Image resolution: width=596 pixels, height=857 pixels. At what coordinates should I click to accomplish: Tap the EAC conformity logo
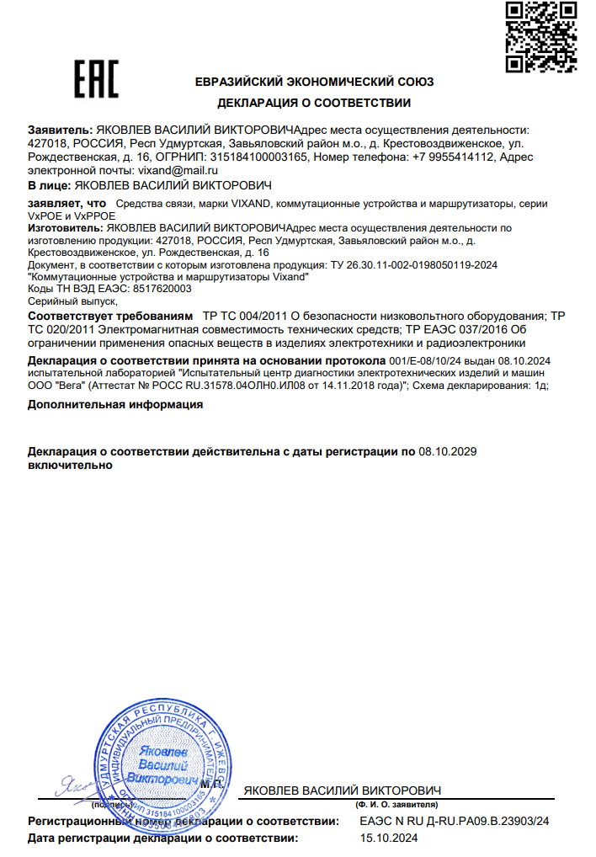click(x=94, y=80)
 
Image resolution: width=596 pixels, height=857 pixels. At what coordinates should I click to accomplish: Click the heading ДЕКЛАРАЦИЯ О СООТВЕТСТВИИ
click(x=314, y=104)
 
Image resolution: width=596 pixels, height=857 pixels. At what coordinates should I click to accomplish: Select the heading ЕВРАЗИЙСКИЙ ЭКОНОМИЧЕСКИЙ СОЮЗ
click(x=314, y=83)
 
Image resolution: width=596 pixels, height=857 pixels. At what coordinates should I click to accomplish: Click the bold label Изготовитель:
click(x=67, y=228)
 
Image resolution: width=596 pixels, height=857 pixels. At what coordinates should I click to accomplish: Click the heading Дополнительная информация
click(x=115, y=404)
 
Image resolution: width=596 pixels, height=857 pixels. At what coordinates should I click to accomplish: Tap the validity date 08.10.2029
click(x=448, y=452)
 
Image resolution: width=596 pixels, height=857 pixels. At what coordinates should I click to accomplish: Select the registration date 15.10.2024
click(x=389, y=838)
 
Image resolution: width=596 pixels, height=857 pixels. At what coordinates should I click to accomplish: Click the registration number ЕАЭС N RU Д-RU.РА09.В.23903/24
click(x=454, y=821)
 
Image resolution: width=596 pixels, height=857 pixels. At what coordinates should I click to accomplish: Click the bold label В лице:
click(x=49, y=184)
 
